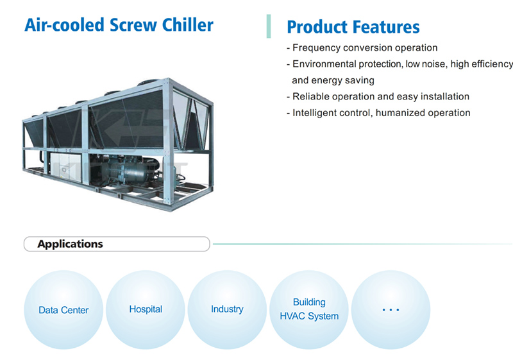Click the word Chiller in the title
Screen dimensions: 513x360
188,25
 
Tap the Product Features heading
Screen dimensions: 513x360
353,27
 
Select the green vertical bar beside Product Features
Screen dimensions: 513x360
269,26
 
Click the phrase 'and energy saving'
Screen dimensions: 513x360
333,80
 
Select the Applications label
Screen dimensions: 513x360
70,244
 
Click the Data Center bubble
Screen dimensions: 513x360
63,309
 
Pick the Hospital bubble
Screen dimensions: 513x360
146,309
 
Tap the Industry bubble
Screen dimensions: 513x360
227,309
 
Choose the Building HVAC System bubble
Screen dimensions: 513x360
309,309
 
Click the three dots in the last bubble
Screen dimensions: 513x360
391,309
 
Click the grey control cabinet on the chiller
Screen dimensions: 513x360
65,167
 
